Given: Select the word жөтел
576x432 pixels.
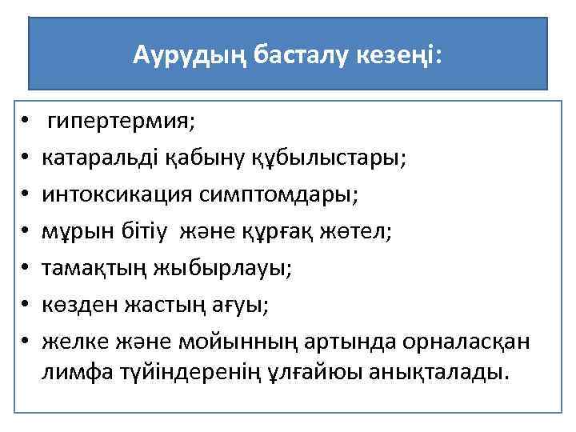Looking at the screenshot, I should [x=358, y=230].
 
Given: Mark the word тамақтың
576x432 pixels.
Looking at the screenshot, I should [x=92, y=266].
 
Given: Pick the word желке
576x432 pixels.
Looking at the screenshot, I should [x=73, y=338].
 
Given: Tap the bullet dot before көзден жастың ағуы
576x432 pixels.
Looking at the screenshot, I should [x=26, y=303].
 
